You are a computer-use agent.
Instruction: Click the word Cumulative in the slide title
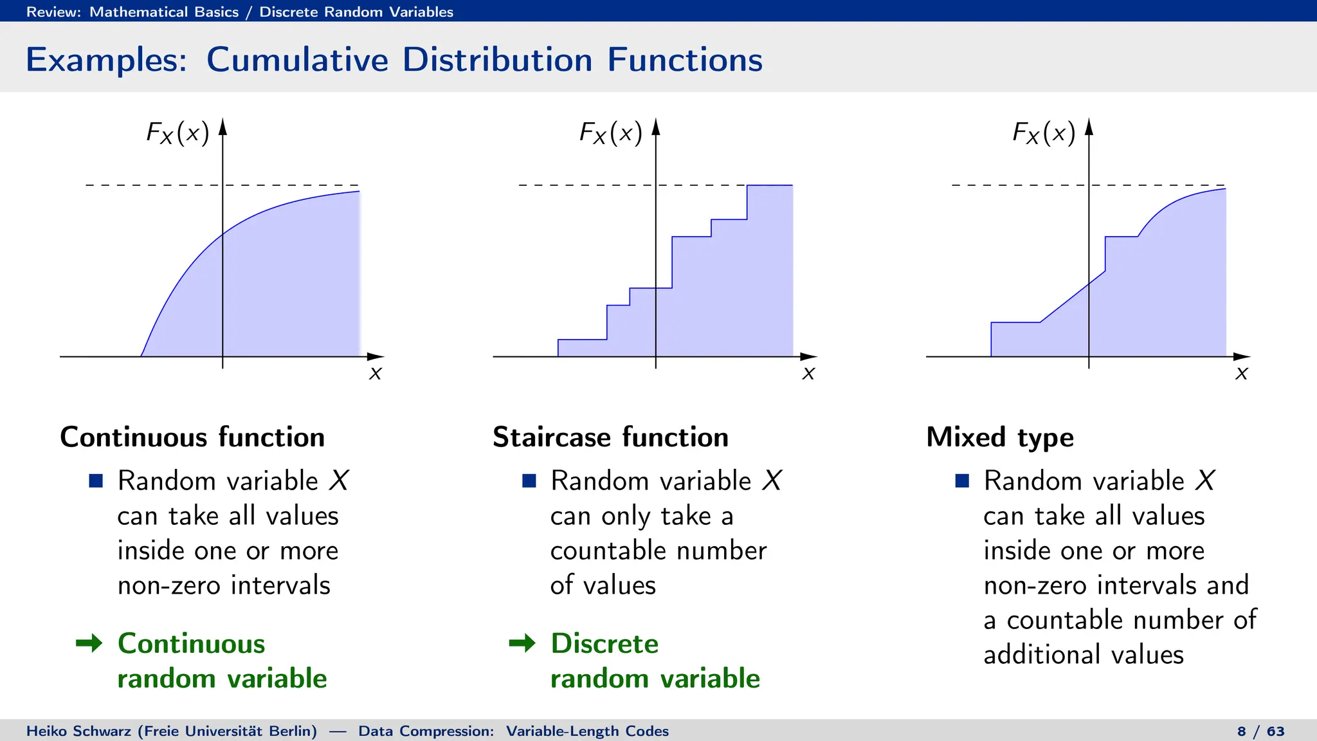click(298, 60)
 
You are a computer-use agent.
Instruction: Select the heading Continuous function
click(192, 437)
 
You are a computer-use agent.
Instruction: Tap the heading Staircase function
click(610, 437)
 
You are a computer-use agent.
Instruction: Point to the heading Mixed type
click(1000, 437)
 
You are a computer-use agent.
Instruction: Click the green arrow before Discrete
click(522, 643)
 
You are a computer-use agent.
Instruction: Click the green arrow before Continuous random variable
click(89, 643)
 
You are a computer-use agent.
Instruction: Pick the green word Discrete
click(604, 643)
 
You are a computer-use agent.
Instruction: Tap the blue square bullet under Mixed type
click(962, 480)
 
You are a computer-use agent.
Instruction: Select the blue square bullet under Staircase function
click(529, 480)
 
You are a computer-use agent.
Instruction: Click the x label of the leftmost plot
click(376, 373)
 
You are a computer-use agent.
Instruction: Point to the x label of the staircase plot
click(808, 373)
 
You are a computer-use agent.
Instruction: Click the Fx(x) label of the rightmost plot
click(1044, 133)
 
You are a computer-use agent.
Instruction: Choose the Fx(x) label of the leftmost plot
click(177, 133)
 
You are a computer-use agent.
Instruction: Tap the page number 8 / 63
click(1260, 731)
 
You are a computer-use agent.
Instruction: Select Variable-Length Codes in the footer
click(587, 731)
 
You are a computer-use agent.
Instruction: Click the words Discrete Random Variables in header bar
click(356, 12)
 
